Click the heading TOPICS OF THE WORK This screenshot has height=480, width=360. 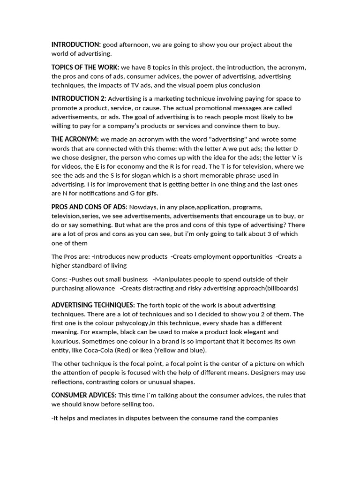pyautogui.click(x=85, y=67)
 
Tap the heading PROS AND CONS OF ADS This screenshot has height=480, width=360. pyautogui.click(x=89, y=207)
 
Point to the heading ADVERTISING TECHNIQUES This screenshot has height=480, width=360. pyautogui.click(x=93, y=305)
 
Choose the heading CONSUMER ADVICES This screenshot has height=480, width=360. pyautogui.click(x=84, y=395)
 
